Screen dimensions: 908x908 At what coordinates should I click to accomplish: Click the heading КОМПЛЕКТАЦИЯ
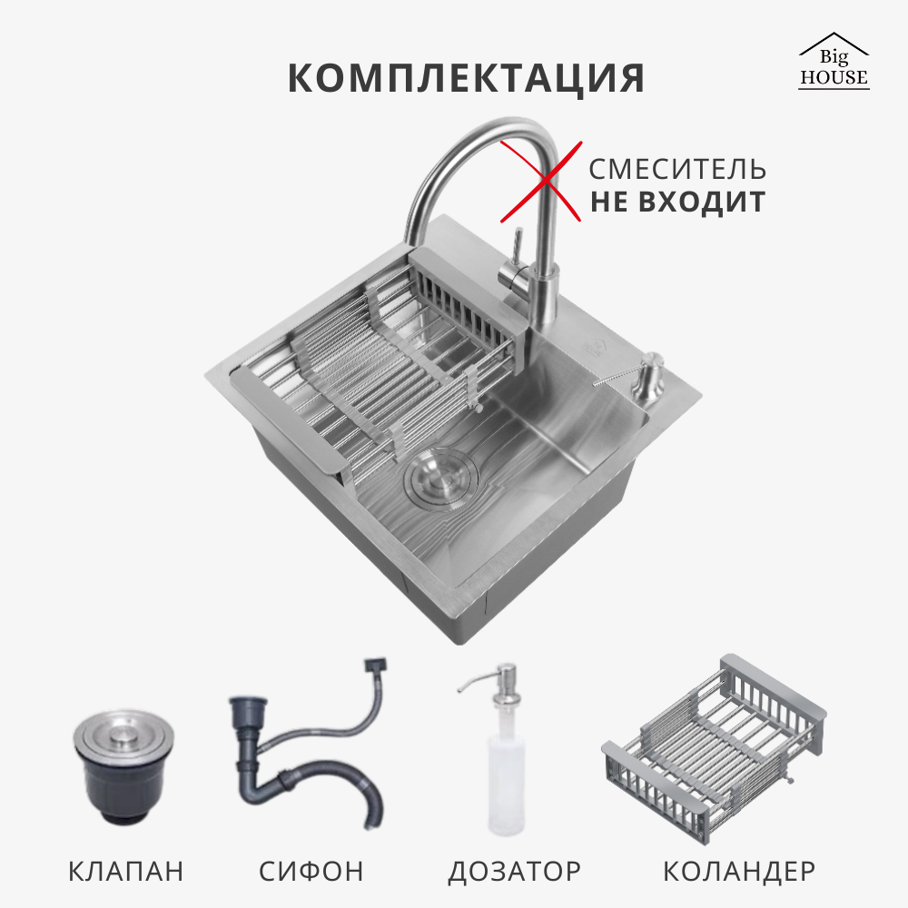(x=466, y=79)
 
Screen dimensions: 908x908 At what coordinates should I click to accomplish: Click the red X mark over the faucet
(x=541, y=181)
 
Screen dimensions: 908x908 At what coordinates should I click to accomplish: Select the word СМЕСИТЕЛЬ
(x=677, y=170)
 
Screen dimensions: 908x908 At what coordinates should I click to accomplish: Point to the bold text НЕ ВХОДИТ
(x=677, y=202)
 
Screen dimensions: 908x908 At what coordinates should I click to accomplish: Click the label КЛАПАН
(x=125, y=872)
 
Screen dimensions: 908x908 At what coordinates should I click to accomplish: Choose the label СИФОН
(x=311, y=872)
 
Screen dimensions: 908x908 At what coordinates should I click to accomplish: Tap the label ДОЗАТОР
(x=514, y=872)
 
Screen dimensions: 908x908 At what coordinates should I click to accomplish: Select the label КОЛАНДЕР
(x=739, y=872)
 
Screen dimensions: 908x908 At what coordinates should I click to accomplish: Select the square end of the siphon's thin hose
(x=376, y=667)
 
